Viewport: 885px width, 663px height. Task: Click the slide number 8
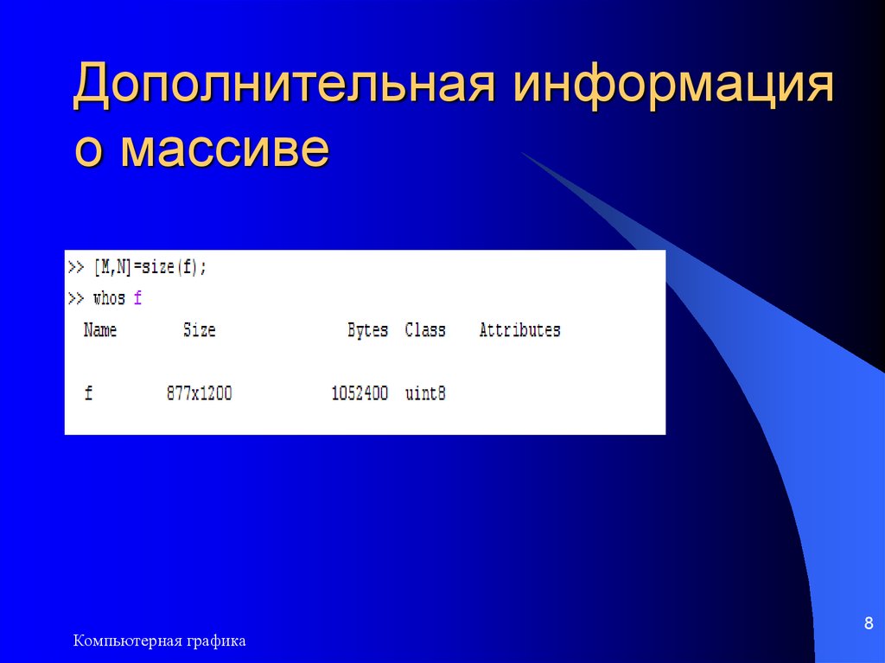(869, 624)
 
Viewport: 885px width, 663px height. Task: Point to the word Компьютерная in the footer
(126, 641)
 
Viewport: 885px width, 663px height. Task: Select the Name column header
(100, 330)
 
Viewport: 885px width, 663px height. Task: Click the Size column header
(200, 330)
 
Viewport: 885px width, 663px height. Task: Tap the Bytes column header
(367, 330)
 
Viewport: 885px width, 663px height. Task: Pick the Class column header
(425, 330)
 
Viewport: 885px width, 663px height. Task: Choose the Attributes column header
(519, 330)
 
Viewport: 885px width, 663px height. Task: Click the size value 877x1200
(200, 393)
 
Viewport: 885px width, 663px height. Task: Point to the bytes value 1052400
(360, 393)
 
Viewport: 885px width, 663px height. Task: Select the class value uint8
(425, 393)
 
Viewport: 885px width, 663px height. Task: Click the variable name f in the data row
(88, 393)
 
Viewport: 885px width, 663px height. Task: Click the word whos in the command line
(109, 299)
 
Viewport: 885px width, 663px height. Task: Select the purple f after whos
(137, 299)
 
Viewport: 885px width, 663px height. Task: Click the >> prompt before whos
(76, 299)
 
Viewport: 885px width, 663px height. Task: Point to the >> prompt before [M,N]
(76, 268)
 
